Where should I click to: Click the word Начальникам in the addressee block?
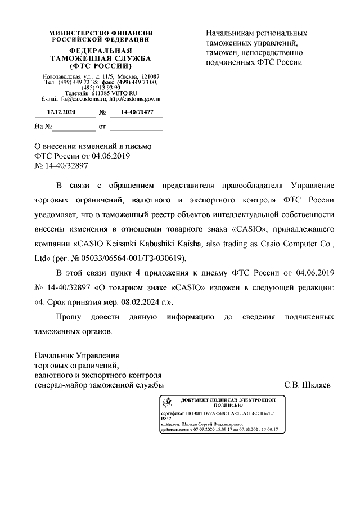(x=232, y=33)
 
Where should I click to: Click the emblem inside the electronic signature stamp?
(x=166, y=402)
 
